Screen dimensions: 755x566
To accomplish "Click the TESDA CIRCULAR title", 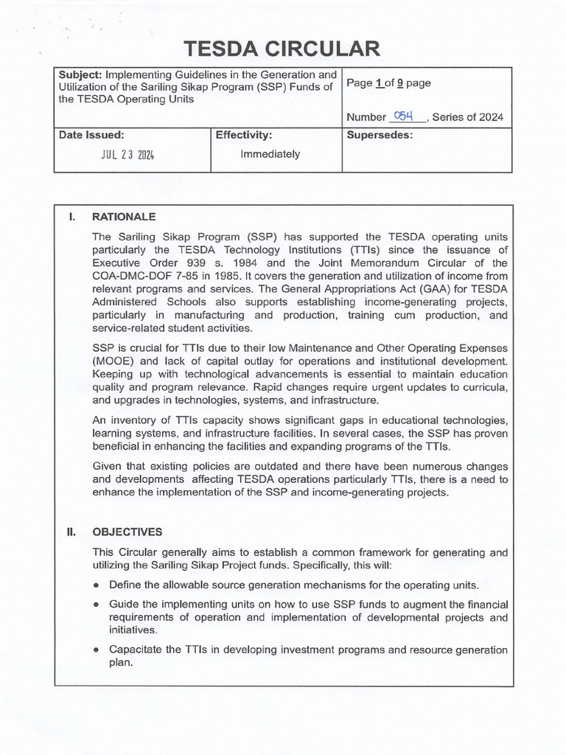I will click(x=283, y=49).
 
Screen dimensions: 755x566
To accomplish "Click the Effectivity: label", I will click(x=244, y=135).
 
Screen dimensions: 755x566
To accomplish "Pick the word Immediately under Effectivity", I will click(x=270, y=154).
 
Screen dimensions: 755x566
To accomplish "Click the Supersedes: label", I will click(x=380, y=135).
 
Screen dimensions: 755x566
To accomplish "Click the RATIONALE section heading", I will click(x=123, y=217).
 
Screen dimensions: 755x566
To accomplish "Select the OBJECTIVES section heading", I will click(x=127, y=532).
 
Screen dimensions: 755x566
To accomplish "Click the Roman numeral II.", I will click(x=72, y=532).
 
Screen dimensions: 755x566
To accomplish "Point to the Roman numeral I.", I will click(x=72, y=217).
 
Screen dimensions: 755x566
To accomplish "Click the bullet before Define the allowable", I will click(x=97, y=585).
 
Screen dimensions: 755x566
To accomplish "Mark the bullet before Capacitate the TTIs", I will click(x=97, y=650).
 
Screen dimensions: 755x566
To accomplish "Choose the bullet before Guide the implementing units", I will click(x=97, y=605).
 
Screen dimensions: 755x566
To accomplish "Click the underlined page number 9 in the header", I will click(x=399, y=83).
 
